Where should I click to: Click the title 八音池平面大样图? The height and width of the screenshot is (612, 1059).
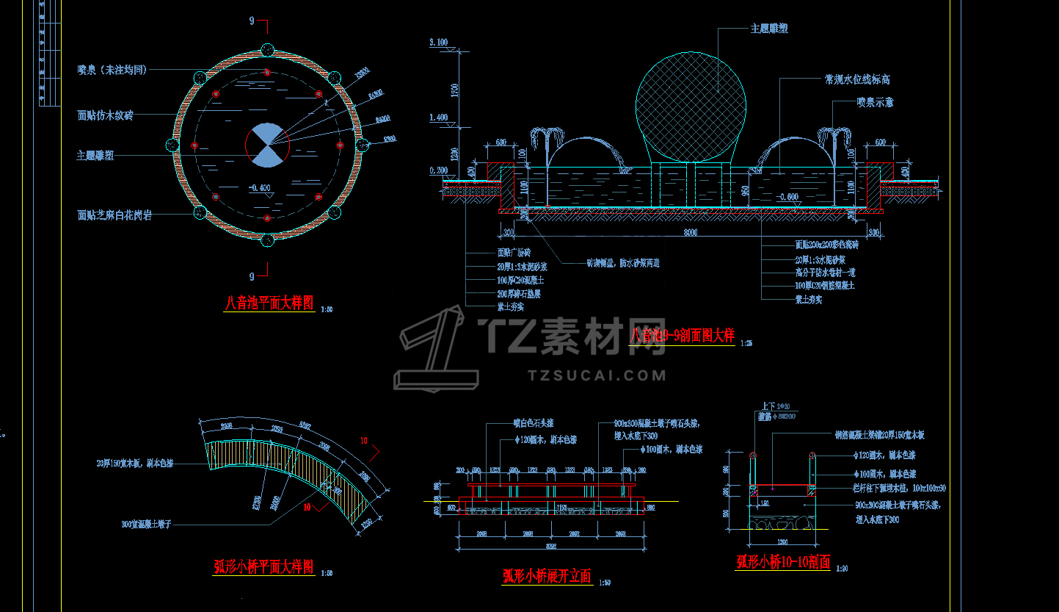pyautogui.click(x=269, y=303)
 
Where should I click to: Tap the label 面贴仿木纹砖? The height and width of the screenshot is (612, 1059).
pyautogui.click(x=114, y=115)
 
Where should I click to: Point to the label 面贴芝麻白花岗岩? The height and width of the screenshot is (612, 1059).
pyautogui.click(x=114, y=215)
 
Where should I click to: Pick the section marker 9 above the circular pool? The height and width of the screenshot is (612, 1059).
pyautogui.click(x=252, y=21)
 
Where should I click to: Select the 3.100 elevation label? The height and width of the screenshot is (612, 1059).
pyautogui.click(x=438, y=43)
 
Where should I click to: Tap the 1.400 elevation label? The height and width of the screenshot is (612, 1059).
pyautogui.click(x=438, y=118)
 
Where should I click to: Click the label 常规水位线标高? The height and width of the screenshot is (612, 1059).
pyautogui.click(x=857, y=79)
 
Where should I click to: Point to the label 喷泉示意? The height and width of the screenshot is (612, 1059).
pyautogui.click(x=875, y=103)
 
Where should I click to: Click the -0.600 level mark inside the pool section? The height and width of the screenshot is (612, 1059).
pyautogui.click(x=788, y=196)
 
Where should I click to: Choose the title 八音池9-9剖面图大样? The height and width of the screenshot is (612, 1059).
pyautogui.click(x=683, y=336)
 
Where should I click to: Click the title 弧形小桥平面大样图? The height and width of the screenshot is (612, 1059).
pyautogui.click(x=263, y=566)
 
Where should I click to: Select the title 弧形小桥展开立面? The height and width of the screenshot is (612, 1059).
pyautogui.click(x=547, y=576)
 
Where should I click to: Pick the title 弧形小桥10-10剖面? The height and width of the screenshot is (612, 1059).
pyautogui.click(x=783, y=562)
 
